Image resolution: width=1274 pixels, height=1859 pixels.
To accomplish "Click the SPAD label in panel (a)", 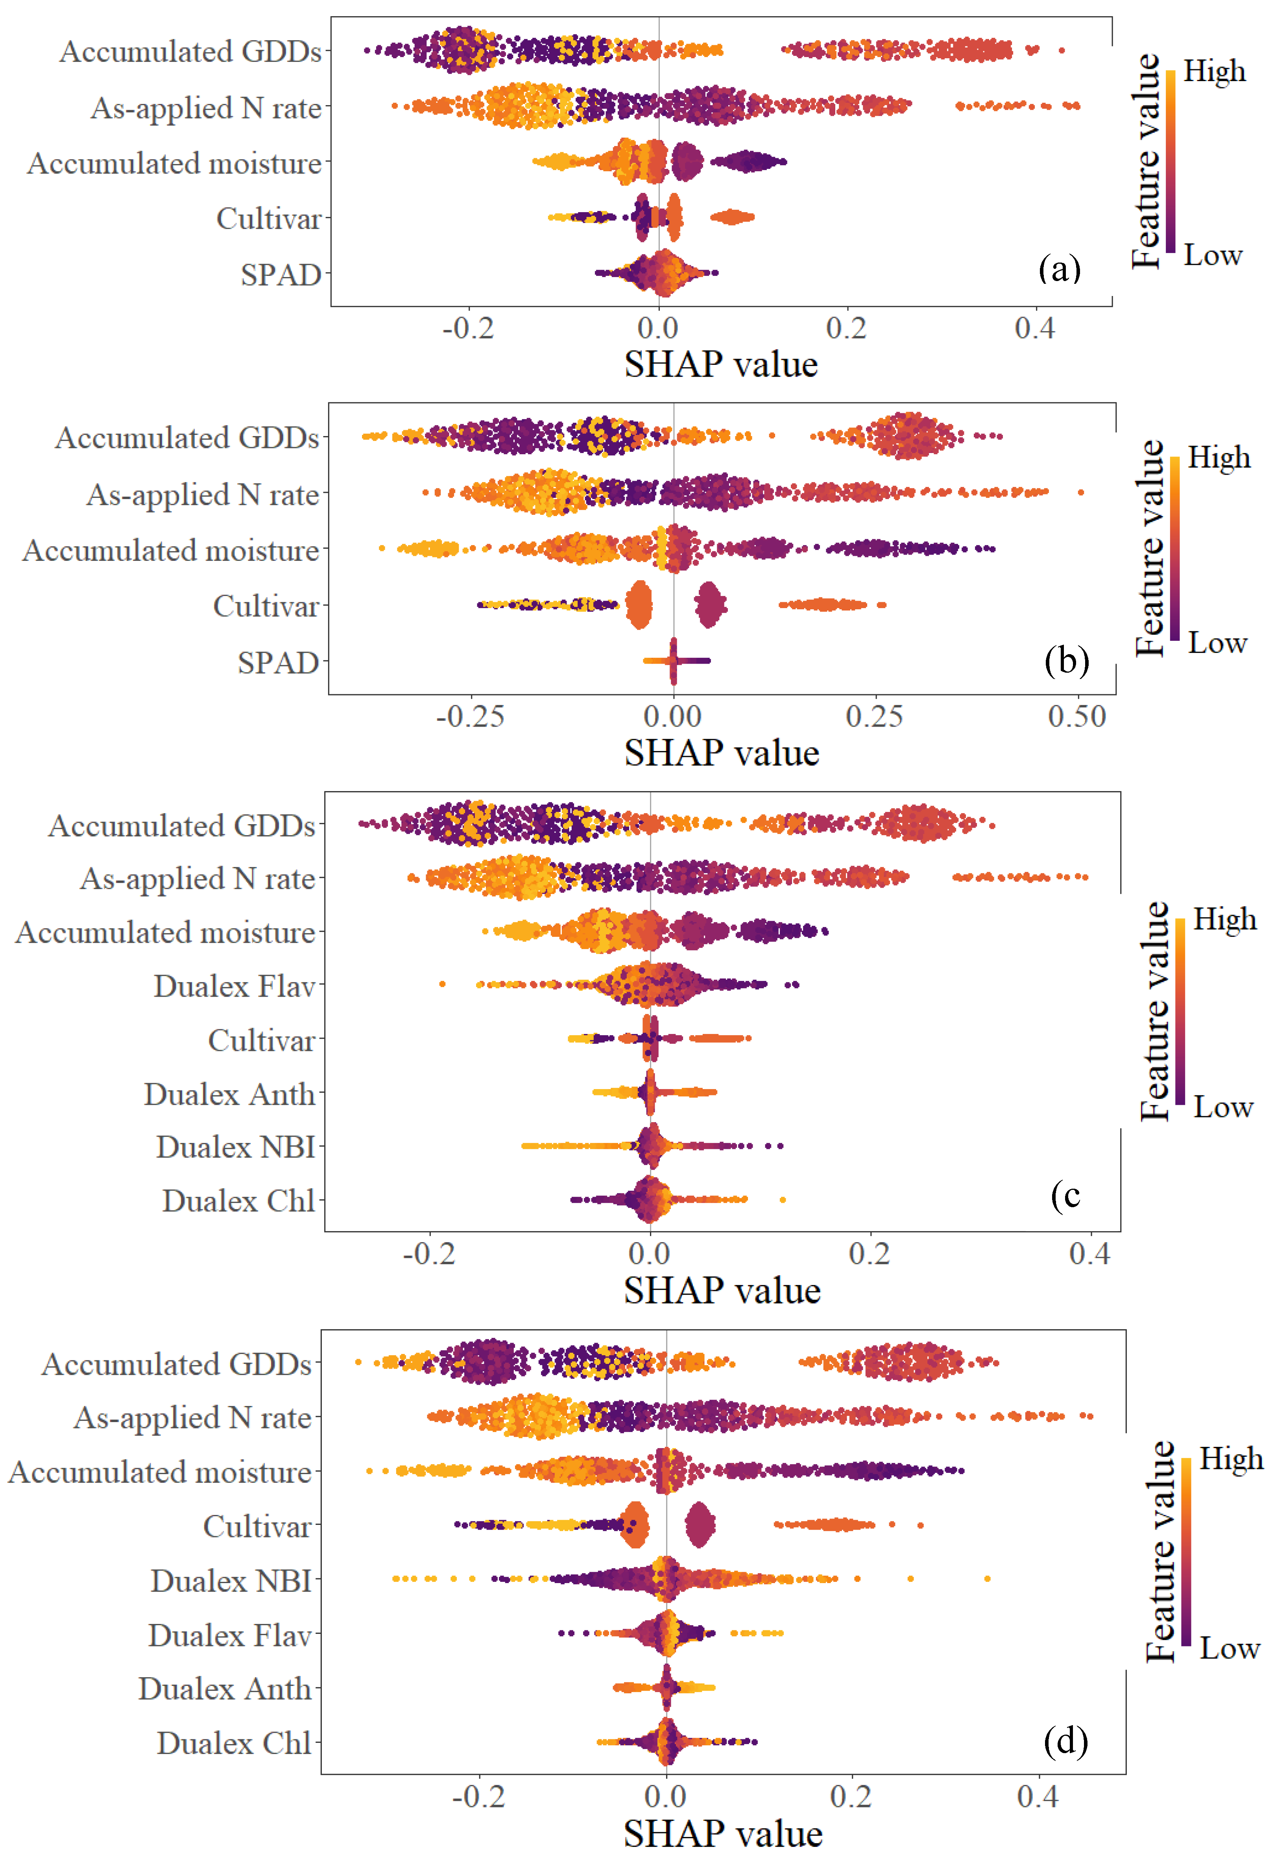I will pos(281,274).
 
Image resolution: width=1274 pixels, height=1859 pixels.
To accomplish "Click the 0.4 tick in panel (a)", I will pos(1035,328).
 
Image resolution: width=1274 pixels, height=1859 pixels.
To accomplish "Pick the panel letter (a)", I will pos(1060,268).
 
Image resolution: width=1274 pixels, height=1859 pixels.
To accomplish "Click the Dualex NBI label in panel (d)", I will pos(231,1581).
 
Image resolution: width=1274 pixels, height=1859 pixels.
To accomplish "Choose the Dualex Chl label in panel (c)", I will pos(238,1200).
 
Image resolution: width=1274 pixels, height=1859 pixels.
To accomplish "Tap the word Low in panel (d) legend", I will pos(1229,1648).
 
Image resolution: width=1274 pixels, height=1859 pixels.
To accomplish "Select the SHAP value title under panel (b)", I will pos(721,753).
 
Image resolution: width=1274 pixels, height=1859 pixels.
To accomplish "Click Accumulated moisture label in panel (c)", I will pos(166,933).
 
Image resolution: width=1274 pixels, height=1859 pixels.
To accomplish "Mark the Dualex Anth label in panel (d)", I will pos(225,1689).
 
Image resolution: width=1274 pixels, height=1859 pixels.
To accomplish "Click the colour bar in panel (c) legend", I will pos(1180,1012).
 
